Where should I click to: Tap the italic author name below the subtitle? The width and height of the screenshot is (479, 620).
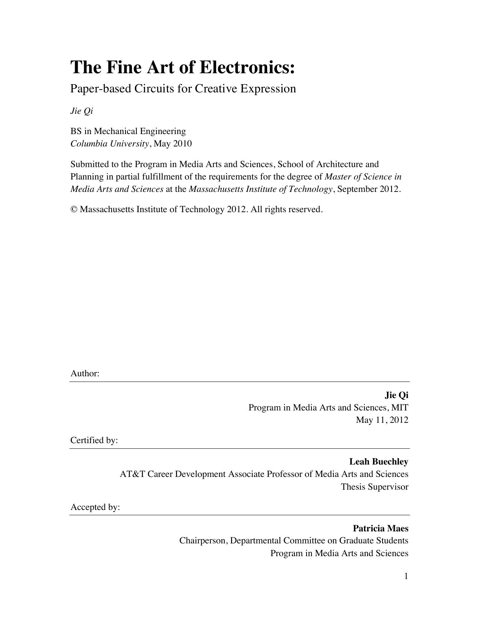pyautogui.click(x=82, y=111)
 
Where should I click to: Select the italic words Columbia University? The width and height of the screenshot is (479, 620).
pyautogui.click(x=110, y=143)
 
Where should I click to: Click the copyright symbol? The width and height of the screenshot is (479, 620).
pyautogui.click(x=74, y=209)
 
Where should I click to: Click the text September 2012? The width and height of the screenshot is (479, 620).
pyautogui.click(x=369, y=189)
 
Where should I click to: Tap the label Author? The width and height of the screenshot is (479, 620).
pyautogui.click(x=85, y=373)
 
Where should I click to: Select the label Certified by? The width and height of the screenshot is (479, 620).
pyautogui.click(x=94, y=440)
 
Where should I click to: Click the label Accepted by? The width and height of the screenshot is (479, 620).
pyautogui.click(x=95, y=507)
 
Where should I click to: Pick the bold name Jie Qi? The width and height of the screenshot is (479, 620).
pyautogui.click(x=396, y=395)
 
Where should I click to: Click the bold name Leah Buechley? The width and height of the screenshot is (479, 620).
pyautogui.click(x=379, y=462)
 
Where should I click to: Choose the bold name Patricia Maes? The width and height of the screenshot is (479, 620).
pyautogui.click(x=380, y=528)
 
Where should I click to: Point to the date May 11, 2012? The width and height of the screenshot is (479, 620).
pyautogui.click(x=382, y=420)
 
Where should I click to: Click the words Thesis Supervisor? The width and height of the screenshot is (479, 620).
pyautogui.click(x=375, y=487)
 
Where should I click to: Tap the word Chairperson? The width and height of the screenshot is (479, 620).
pyautogui.click(x=202, y=541)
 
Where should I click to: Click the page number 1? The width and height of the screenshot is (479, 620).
pyautogui.click(x=406, y=576)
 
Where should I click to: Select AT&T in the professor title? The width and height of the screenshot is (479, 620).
pyautogui.click(x=132, y=474)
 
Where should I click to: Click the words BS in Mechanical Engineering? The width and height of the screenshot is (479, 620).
pyautogui.click(x=128, y=131)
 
